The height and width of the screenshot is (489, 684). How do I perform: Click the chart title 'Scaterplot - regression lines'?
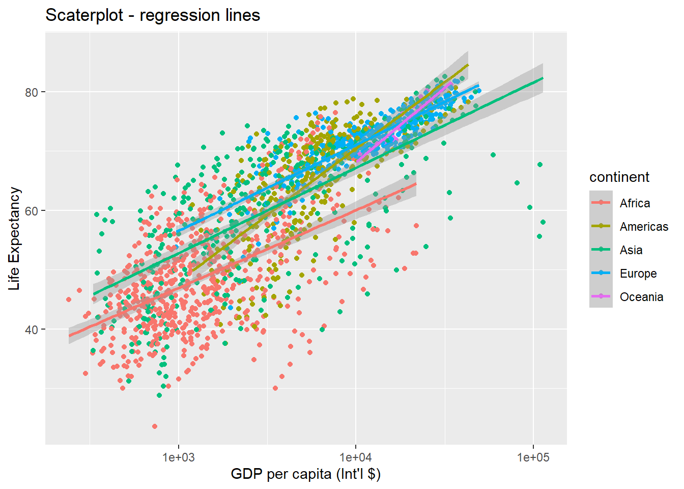pos(153,15)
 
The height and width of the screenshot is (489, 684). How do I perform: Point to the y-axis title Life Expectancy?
pos(14,238)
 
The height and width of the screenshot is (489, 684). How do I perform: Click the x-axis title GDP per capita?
pos(305,474)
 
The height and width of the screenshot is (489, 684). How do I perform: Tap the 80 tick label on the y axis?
pos(32,92)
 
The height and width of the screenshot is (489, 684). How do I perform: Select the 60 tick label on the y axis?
pos(32,211)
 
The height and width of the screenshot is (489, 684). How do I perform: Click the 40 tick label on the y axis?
pos(32,330)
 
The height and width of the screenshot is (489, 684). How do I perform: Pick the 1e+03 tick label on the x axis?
pos(179,457)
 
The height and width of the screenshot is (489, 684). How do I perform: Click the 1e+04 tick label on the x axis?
pos(356,457)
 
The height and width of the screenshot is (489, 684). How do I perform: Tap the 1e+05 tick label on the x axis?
pos(533,457)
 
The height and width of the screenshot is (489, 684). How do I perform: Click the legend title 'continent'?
pos(619,177)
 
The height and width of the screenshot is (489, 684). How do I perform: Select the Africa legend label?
pos(635,203)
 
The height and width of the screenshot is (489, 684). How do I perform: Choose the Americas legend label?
pos(644,227)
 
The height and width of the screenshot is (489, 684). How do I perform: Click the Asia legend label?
pos(631,250)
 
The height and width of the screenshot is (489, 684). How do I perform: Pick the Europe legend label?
pos(638,274)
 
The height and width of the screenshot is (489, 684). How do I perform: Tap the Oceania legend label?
pos(641,297)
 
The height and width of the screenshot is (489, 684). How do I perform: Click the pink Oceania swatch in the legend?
pos(601,296)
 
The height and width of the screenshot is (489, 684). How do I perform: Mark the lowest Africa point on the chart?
pos(155,426)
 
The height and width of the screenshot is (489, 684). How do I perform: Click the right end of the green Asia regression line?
pos(543,78)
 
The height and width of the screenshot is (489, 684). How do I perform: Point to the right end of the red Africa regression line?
pos(416,184)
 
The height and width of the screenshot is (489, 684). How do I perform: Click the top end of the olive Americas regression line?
pos(468,65)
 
